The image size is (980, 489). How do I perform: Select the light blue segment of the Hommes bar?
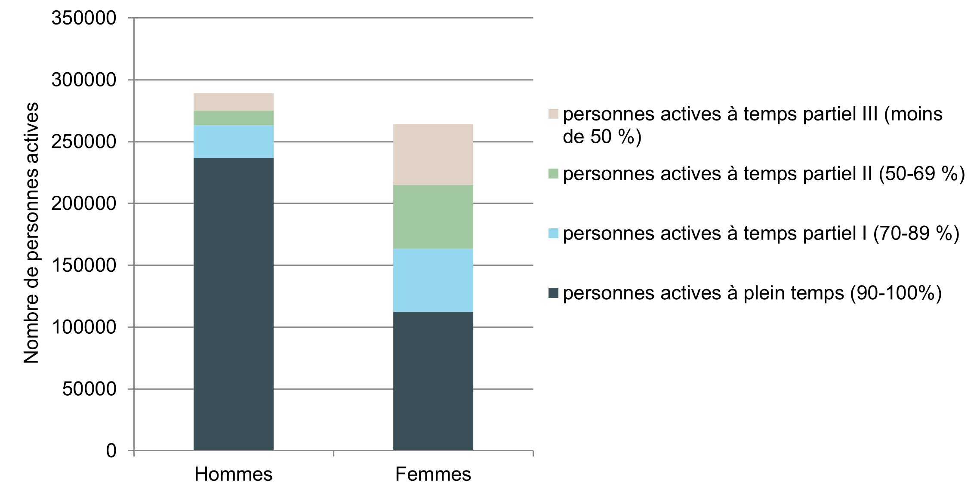tap(234, 141)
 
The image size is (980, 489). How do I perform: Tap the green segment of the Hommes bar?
tap(234, 118)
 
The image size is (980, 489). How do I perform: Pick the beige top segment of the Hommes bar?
tap(234, 102)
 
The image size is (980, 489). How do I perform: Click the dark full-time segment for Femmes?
tap(433, 381)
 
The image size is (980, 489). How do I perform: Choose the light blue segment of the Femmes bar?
tap(433, 280)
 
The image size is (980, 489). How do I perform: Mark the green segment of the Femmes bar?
tap(433, 217)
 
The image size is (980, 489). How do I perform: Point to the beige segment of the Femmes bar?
tap(433, 154)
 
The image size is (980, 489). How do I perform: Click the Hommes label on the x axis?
tap(234, 474)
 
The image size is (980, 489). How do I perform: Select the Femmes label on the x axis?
tap(433, 474)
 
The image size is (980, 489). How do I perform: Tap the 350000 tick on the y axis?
tap(84, 18)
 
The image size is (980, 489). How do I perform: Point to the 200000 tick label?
tap(84, 203)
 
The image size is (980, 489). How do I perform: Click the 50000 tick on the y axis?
tap(89, 389)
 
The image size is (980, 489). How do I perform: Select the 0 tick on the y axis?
tap(111, 451)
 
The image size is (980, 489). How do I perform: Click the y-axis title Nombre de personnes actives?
tap(31, 233)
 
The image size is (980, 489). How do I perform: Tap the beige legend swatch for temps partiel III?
tap(553, 114)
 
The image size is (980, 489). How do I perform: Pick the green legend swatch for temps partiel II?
tap(553, 173)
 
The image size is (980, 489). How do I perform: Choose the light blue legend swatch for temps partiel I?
tap(553, 233)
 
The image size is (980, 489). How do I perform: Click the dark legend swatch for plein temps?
tap(553, 293)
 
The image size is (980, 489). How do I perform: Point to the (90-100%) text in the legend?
tap(896, 293)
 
